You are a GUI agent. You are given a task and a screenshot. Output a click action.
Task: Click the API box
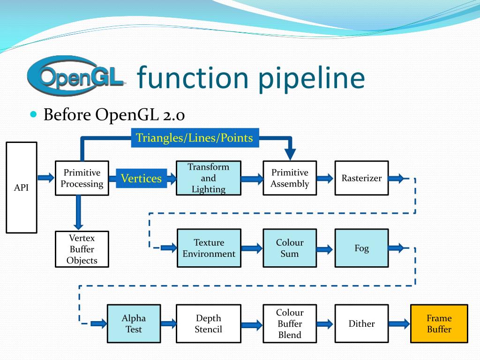coord(22,187)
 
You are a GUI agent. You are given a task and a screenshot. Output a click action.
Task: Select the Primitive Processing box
coord(82,178)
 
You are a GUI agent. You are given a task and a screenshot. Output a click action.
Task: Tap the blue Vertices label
coord(142,178)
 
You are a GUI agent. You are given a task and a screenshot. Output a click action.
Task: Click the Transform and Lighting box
coord(209,178)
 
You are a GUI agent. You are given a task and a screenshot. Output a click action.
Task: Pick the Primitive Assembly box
coord(290,178)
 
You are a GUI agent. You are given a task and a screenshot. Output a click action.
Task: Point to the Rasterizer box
coord(361,178)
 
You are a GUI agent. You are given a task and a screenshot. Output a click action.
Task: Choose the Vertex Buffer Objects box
coord(82,249)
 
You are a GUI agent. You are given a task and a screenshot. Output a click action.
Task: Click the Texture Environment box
coord(209,248)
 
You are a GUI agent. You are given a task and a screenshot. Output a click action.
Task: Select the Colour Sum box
coord(290,248)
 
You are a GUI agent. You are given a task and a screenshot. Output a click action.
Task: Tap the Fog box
coord(361,248)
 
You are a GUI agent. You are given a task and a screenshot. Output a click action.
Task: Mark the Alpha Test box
coord(134,323)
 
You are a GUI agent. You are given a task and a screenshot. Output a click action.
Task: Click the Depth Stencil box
coord(209,323)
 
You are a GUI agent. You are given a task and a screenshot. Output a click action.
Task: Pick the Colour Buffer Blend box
coord(290,323)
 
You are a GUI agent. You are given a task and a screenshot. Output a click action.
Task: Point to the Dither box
coord(361,323)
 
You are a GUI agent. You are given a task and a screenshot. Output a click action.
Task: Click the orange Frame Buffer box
coord(439,323)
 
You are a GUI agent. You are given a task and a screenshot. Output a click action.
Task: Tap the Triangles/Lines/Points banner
coord(195,138)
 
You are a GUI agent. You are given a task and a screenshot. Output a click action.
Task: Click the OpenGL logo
coord(76,75)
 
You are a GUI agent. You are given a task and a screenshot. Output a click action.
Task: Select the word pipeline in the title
coord(312,78)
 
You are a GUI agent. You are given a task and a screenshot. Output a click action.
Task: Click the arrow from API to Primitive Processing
coord(46,178)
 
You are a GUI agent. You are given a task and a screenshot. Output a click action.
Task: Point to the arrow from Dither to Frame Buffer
coord(399,323)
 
